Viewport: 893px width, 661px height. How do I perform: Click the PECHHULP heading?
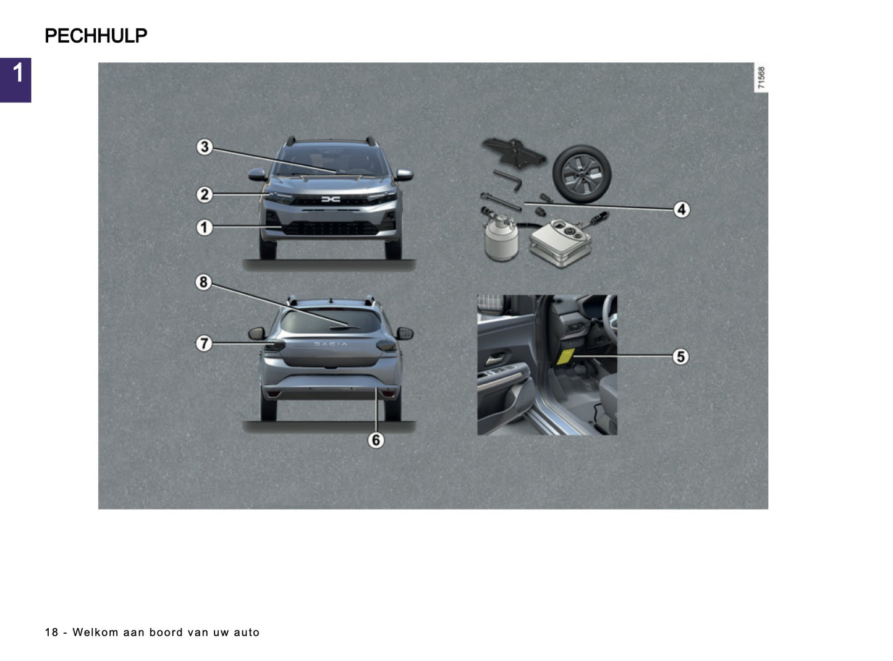pyautogui.click(x=96, y=36)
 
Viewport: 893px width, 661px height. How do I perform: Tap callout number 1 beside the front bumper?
pyautogui.click(x=204, y=227)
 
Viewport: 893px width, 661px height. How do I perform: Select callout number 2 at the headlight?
pyautogui.click(x=204, y=195)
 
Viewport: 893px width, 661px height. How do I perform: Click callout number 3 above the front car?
pyautogui.click(x=204, y=147)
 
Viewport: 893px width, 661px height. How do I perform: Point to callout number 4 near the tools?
pyautogui.click(x=681, y=209)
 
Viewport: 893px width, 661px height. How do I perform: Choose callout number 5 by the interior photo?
pyautogui.click(x=680, y=356)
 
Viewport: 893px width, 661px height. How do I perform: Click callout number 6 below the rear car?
pyautogui.click(x=375, y=440)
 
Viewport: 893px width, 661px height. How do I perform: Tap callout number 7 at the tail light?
pyautogui.click(x=204, y=343)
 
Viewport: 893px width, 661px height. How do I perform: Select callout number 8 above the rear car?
pyautogui.click(x=203, y=282)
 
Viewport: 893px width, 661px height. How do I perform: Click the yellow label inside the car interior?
pyautogui.click(x=565, y=355)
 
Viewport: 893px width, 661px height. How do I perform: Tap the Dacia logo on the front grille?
pyautogui.click(x=331, y=199)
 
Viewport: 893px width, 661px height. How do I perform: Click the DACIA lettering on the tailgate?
pyautogui.click(x=331, y=344)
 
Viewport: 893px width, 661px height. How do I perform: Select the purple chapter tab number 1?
pyautogui.click(x=16, y=79)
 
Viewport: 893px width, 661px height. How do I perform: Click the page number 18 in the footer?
pyautogui.click(x=51, y=633)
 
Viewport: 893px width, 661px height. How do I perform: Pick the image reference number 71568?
pyautogui.click(x=761, y=78)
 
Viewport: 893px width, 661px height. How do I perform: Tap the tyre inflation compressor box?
pyautogui.click(x=560, y=243)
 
